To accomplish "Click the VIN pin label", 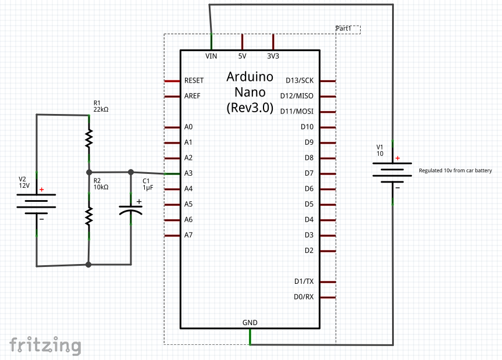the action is click(211, 56).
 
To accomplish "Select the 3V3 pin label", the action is click(273, 56).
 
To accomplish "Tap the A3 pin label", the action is click(188, 173).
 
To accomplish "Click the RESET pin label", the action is click(194, 80).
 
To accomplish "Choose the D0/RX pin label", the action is click(304, 297).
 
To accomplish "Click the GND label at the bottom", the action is click(250, 322).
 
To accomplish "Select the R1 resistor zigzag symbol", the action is click(89, 138).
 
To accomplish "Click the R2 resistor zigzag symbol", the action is click(89, 216).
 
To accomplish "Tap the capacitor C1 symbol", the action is click(130, 210).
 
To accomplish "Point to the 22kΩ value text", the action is click(101, 109).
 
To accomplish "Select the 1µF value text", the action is click(148, 188).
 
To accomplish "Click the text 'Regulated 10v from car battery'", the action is click(455, 171).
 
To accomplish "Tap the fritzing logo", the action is click(45, 345).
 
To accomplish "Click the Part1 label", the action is click(344, 28).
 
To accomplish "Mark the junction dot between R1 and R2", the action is click(89, 172).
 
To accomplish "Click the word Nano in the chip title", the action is click(250, 92).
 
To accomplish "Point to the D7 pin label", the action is click(309, 173).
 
